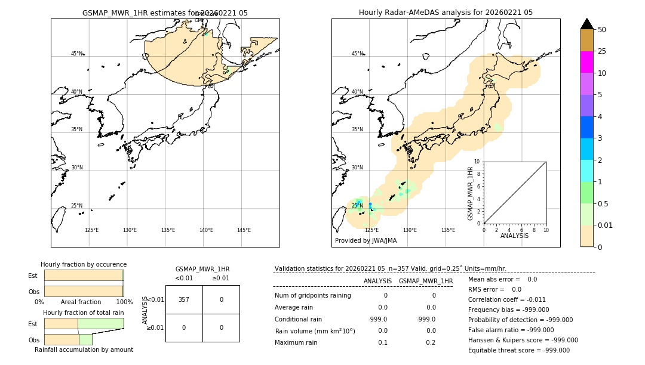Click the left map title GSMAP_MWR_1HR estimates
pos(165,13)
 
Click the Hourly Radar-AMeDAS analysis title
pos(446,13)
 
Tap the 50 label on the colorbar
pos(602,30)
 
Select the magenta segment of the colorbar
pos(586,62)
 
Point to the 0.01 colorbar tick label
pos(606,225)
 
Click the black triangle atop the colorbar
pos(586,24)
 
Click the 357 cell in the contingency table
pos(184,299)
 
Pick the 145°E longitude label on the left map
pos(244,230)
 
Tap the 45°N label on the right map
pos(357,54)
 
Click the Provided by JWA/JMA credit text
pos(365,241)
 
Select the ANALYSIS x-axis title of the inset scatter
pos(514,236)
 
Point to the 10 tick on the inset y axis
pos(477,162)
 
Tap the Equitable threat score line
pos(518,350)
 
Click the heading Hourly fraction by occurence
pos(84,265)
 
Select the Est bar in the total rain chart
pos(84,323)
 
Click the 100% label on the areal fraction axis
pos(124,302)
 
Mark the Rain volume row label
pos(315,331)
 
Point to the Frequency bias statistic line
pos(508,310)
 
